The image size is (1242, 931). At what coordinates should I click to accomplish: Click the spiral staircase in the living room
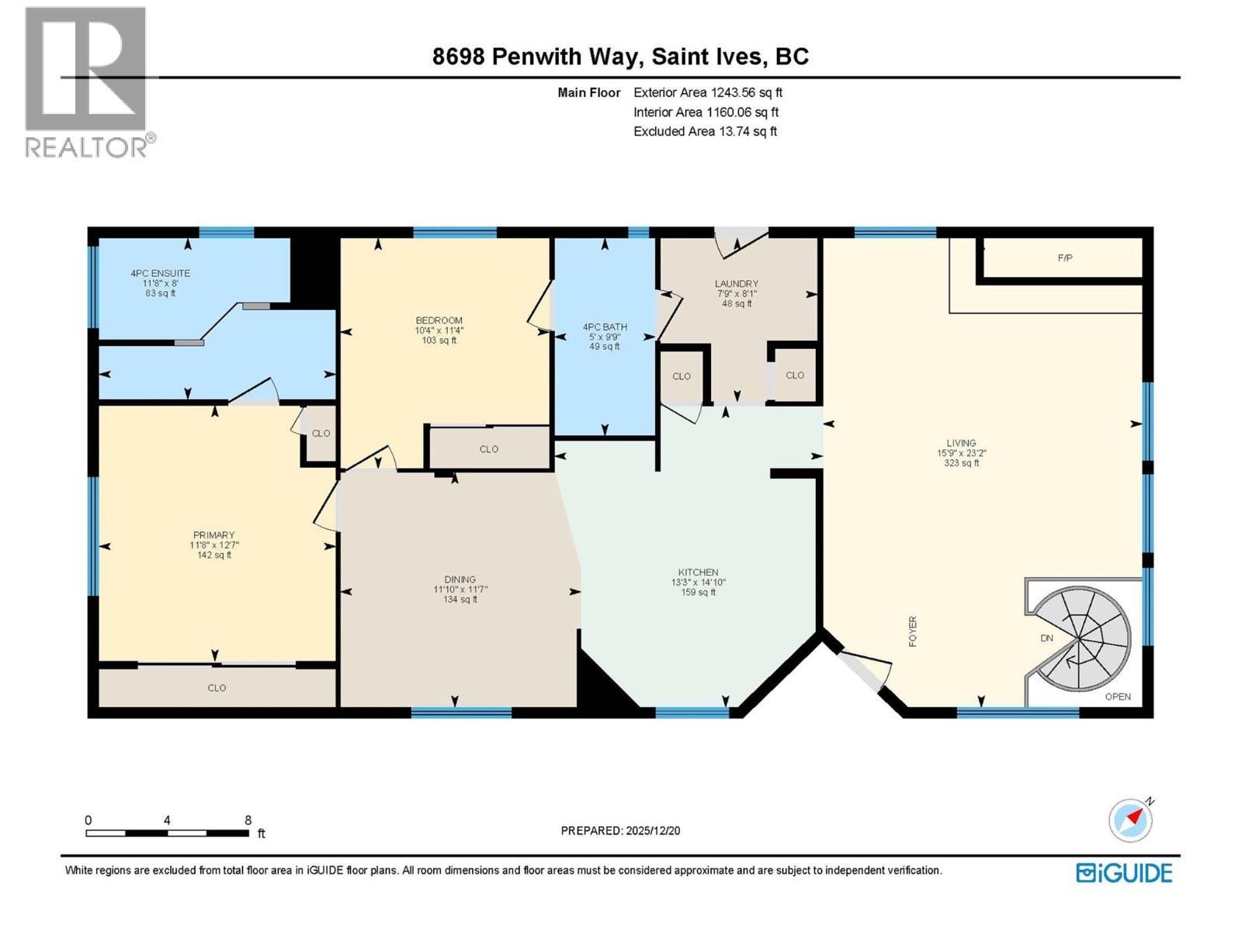tap(1084, 639)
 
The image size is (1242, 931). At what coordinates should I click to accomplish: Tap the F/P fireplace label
tap(1065, 258)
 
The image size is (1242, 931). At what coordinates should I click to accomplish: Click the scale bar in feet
tap(167, 832)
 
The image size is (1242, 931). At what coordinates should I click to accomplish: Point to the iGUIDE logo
tap(1124, 873)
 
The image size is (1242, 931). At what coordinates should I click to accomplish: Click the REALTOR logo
tap(86, 81)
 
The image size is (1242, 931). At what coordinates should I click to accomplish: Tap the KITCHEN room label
tap(698, 573)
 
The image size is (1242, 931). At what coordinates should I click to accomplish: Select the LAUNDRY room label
tap(736, 284)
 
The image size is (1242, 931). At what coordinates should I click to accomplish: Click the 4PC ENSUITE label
tap(160, 273)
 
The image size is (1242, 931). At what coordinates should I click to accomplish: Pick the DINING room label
tap(460, 580)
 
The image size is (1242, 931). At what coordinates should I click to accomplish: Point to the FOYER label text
tap(913, 632)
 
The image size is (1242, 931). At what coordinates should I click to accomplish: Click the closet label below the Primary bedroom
tap(217, 688)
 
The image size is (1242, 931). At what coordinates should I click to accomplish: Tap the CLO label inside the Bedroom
tap(488, 449)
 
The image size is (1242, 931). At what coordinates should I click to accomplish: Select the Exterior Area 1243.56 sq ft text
tap(707, 92)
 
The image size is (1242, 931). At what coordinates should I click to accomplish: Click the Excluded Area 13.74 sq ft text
tap(705, 131)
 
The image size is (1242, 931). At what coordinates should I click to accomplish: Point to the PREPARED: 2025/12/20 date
tap(620, 830)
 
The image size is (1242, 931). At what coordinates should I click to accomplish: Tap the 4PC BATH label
tap(605, 327)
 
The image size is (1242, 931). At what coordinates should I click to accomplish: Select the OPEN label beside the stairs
tap(1118, 697)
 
